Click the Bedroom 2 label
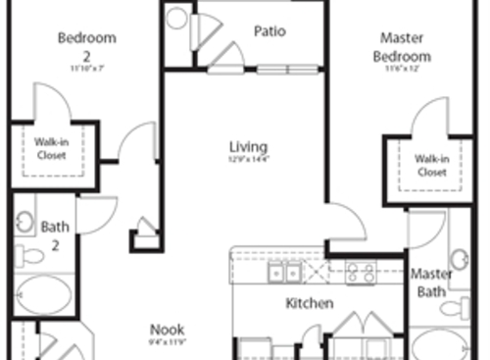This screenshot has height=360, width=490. point(87,45)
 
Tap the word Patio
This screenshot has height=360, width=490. point(269,30)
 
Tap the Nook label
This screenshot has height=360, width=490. point(167,330)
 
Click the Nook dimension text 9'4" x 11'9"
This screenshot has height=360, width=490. point(167,342)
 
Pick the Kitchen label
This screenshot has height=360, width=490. point(310,304)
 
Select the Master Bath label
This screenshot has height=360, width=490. point(431,283)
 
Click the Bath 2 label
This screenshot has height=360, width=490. point(55,234)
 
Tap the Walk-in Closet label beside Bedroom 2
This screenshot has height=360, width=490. point(51,148)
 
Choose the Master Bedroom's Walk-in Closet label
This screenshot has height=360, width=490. point(431,165)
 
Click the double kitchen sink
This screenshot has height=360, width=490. point(284,272)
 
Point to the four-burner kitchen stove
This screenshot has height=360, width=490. point(360,272)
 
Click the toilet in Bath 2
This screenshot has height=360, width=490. point(29,257)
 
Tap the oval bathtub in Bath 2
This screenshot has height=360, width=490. point(44,296)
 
